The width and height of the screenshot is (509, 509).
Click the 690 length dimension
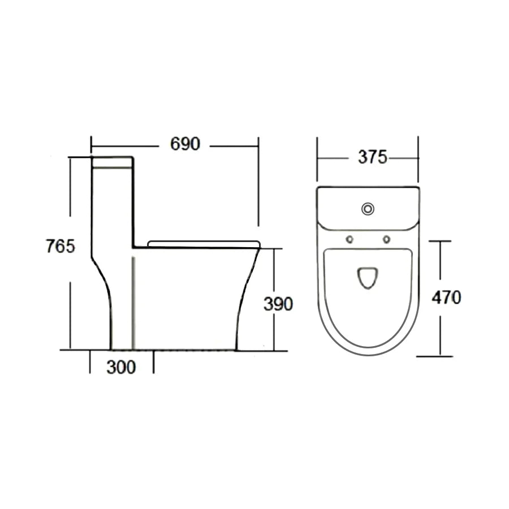pos(185,144)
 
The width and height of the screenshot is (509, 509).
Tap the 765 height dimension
pos(61,246)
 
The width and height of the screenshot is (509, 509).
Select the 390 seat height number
pos(278,304)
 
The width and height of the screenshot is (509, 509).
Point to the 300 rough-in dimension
pos(121,368)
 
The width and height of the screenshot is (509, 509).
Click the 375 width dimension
pos(373,157)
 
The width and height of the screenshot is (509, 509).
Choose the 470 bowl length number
pos(446,297)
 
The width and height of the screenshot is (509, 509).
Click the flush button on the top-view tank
pos(368,209)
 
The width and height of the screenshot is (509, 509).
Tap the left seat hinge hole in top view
pos(350,240)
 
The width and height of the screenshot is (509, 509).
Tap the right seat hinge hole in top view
pos(386,240)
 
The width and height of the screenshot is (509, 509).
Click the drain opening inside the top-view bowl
pos(368,278)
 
